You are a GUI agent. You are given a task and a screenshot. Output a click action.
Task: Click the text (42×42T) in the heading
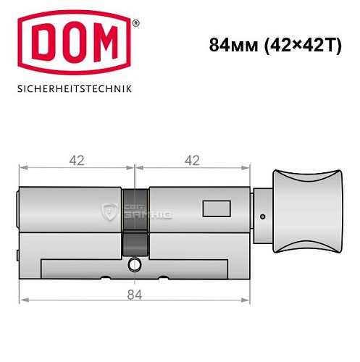point(300,44)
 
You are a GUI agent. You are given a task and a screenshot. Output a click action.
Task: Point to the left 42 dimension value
point(75,161)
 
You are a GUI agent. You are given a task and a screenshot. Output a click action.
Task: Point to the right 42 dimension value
point(192,161)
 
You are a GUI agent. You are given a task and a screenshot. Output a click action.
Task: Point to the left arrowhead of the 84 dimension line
point(22,298)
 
